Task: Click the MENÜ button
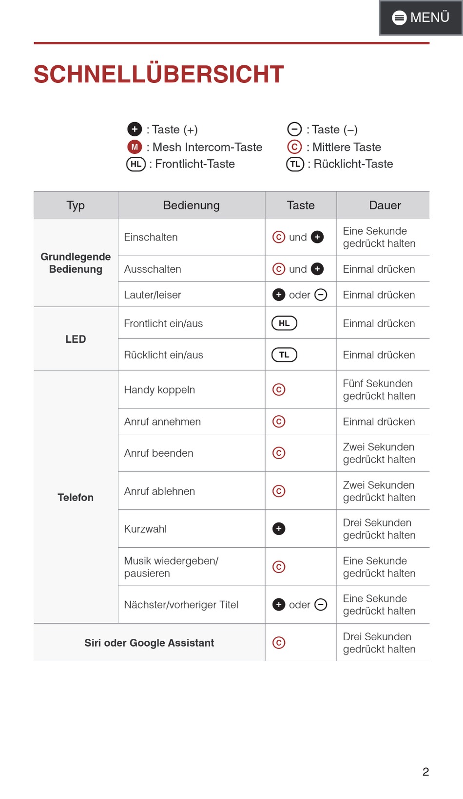(421, 18)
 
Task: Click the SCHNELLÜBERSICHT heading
(158, 74)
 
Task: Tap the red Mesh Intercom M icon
(135, 147)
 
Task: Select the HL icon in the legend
(136, 164)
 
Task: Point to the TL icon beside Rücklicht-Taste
(295, 164)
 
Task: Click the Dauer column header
(385, 205)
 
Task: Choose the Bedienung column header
(191, 205)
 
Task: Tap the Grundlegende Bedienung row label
(76, 262)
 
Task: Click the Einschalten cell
(151, 237)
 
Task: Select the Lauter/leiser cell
(153, 295)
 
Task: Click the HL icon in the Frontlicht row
(284, 323)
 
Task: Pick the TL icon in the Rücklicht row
(284, 355)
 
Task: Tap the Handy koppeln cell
(159, 390)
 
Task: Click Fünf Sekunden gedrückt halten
(379, 390)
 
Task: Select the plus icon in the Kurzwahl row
(279, 529)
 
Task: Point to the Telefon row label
(76, 497)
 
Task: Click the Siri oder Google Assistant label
(149, 643)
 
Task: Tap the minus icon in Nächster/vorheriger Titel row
(321, 605)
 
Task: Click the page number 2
(425, 772)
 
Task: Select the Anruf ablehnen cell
(159, 491)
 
